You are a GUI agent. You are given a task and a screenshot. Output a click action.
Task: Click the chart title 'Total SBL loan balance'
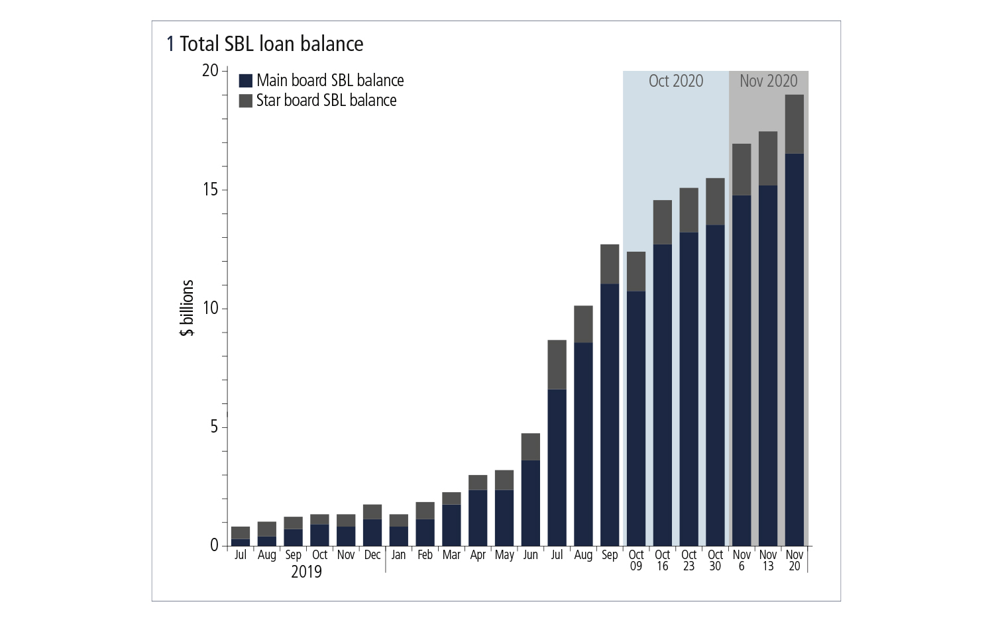click(271, 44)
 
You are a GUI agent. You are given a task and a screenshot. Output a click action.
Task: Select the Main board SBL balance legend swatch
click(245, 81)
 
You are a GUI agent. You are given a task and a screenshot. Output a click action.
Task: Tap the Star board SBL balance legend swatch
click(245, 101)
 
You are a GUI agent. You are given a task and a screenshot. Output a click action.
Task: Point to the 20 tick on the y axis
click(210, 71)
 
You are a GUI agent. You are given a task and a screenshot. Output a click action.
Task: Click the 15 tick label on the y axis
click(210, 190)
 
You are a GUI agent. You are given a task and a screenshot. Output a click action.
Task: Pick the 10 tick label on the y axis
click(210, 309)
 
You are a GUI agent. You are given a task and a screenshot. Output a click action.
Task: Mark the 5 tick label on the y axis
click(213, 427)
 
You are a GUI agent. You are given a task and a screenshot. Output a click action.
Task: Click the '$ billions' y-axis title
click(187, 308)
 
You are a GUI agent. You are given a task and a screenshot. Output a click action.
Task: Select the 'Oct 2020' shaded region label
click(675, 81)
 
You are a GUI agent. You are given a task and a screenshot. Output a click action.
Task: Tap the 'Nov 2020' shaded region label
click(768, 81)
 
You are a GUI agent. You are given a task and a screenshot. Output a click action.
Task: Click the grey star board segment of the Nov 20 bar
click(794, 124)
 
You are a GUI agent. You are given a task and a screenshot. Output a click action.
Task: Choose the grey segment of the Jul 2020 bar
click(557, 364)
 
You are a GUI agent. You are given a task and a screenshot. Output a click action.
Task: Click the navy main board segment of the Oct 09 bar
click(635, 417)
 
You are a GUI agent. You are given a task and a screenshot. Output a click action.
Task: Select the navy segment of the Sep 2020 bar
click(610, 414)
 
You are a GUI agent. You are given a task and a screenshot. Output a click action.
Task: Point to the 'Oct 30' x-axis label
click(715, 560)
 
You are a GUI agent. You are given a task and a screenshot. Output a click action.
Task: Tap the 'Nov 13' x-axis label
click(767, 560)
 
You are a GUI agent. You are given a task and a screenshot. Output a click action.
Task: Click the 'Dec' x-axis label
click(372, 555)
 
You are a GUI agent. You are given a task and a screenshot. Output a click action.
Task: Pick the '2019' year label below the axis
click(306, 572)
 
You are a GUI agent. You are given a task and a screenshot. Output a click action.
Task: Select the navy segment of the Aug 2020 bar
click(583, 444)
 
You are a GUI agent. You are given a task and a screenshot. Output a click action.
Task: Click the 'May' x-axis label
click(504, 555)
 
